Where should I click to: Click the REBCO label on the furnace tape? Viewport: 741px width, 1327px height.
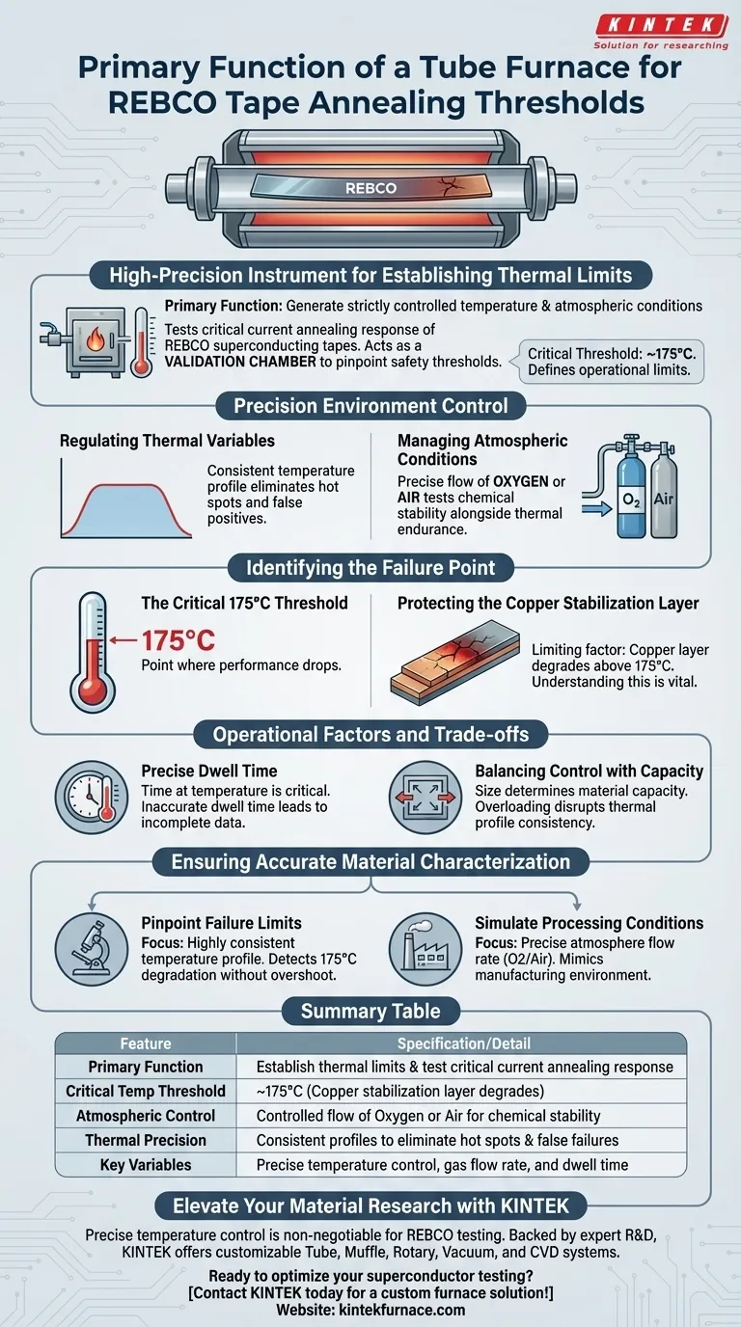[371, 187]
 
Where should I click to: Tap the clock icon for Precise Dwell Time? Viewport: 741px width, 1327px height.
[90, 798]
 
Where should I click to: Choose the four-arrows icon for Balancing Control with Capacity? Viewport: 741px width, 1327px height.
[424, 798]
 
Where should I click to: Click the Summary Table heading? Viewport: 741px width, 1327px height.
[370, 1011]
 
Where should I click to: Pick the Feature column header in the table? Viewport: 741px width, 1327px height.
[146, 1043]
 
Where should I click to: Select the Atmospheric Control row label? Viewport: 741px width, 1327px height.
[146, 1116]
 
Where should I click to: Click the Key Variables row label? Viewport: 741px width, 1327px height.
[146, 1165]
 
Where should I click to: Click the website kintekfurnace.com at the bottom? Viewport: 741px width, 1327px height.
[370, 1310]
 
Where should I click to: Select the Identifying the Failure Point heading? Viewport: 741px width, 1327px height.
[370, 567]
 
